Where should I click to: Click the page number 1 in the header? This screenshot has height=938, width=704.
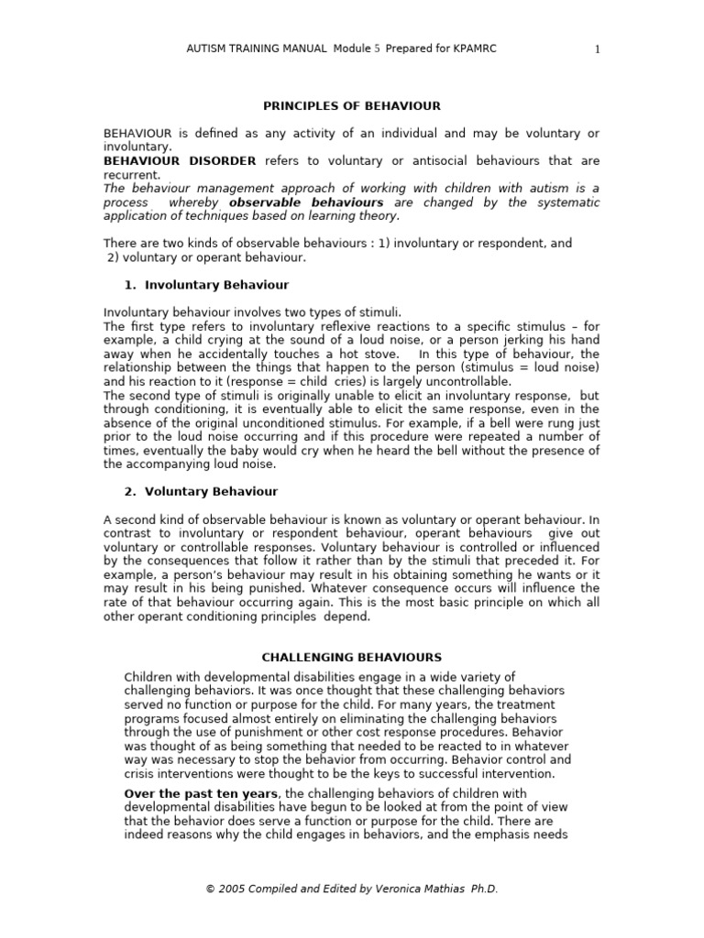(x=597, y=49)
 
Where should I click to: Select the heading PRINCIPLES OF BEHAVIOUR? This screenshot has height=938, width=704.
(x=352, y=106)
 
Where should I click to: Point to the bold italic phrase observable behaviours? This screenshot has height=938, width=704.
(x=306, y=202)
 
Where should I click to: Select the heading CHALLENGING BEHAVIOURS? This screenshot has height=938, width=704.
(x=352, y=657)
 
